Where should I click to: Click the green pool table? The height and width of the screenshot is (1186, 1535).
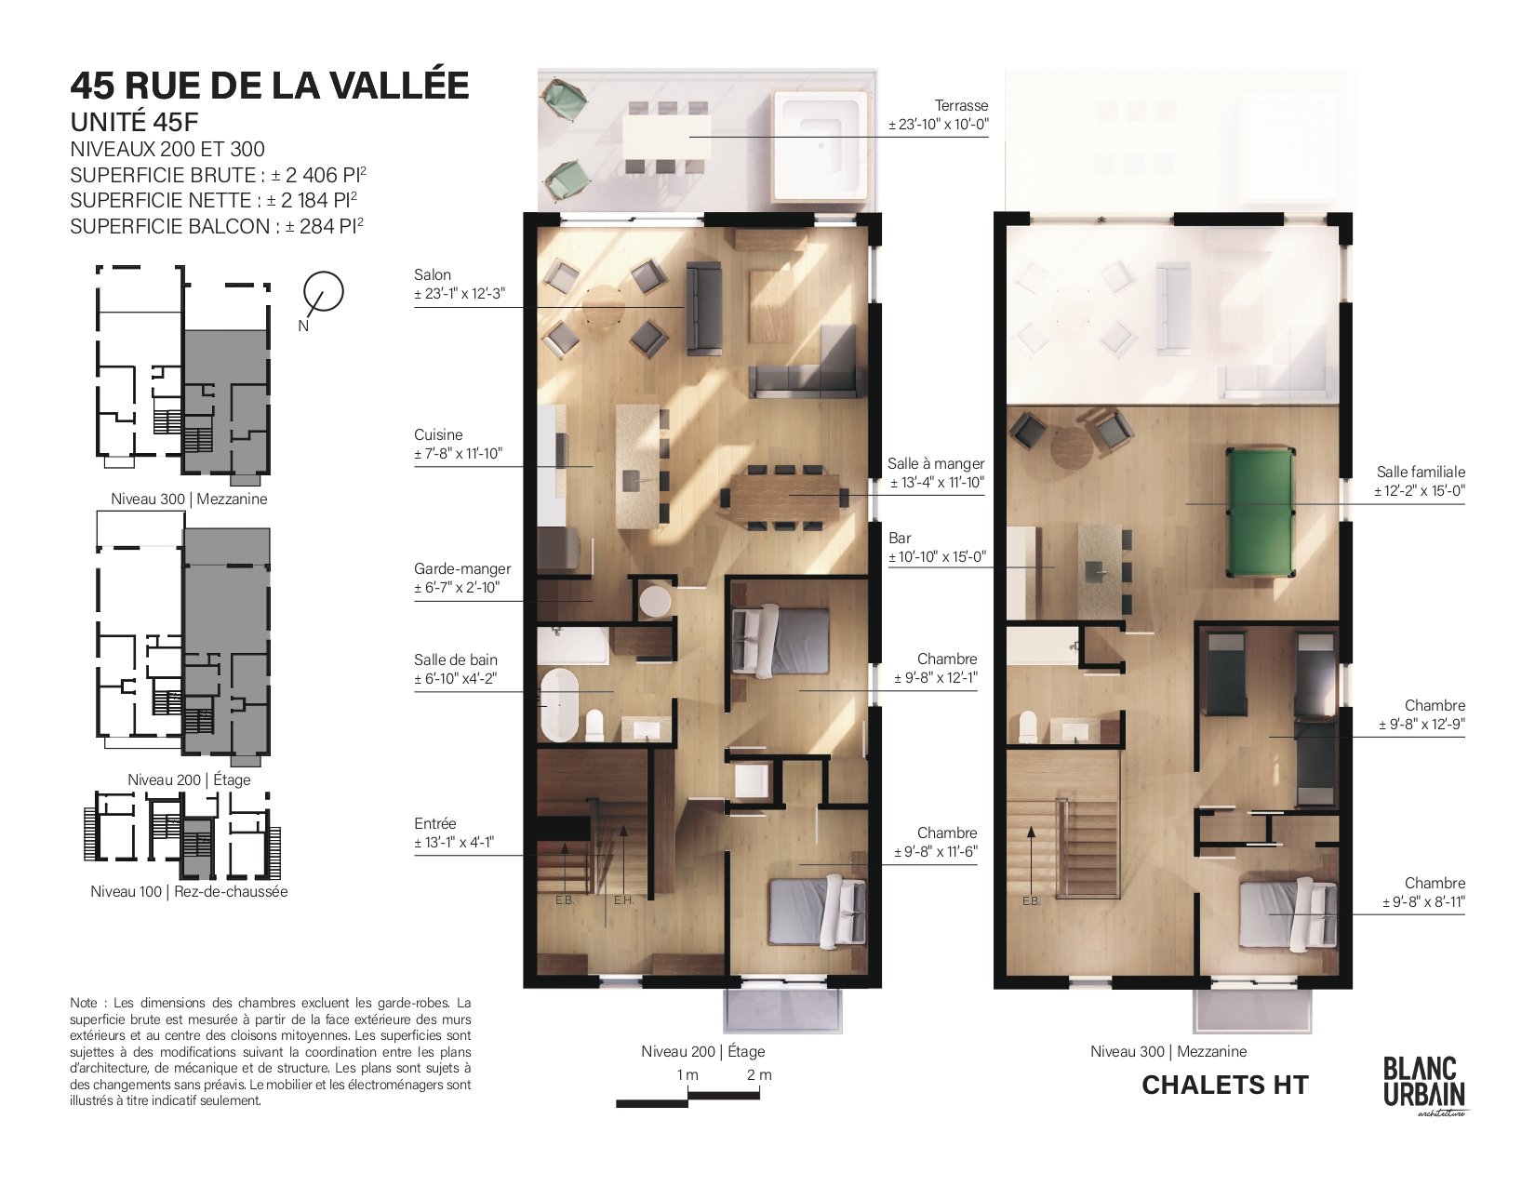(x=1261, y=512)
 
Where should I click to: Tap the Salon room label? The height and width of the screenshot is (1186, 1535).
(x=433, y=274)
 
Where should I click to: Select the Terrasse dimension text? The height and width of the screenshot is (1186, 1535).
(x=938, y=125)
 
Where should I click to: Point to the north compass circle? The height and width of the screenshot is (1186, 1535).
(x=324, y=292)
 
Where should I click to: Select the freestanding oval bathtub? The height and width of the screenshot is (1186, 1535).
(x=559, y=704)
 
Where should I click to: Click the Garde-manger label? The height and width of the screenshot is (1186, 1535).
(x=462, y=568)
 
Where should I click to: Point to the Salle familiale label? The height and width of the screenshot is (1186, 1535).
(x=1421, y=472)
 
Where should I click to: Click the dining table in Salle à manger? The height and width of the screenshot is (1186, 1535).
(x=785, y=498)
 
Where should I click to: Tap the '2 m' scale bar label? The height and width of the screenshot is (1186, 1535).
(x=759, y=1074)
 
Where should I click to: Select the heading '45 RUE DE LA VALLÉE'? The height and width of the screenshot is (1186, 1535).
(x=270, y=86)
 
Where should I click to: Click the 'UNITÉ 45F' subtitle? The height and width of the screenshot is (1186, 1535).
(x=134, y=122)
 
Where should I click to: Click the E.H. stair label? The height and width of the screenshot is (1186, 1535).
(x=623, y=900)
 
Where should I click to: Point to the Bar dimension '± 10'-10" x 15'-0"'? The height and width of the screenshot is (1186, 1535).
(x=937, y=556)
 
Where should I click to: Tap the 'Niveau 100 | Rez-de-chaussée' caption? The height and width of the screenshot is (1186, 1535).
(x=189, y=891)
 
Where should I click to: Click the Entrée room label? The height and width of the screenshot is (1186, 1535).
(x=435, y=823)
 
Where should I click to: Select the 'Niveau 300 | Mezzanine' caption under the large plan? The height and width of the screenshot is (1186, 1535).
(x=1168, y=1051)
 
